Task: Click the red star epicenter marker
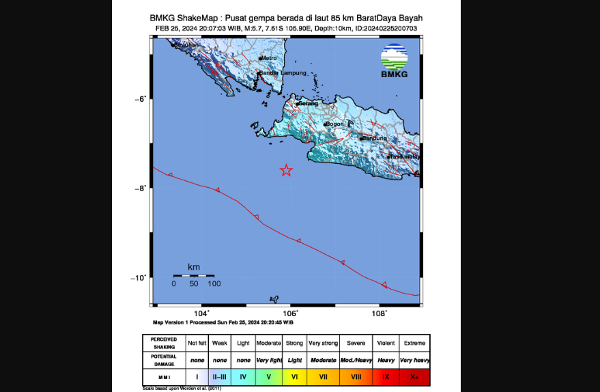coord(287,170)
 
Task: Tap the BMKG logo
coord(394,61)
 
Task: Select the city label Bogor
coord(334,124)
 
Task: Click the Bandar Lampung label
coord(283,72)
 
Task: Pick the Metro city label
coord(269,59)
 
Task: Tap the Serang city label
coord(309,104)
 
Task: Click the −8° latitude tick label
coord(141,188)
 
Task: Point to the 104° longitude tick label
coord(201,313)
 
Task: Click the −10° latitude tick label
coord(139,277)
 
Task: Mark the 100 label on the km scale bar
coord(214,283)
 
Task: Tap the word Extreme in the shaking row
coord(414,343)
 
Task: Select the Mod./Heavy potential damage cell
coord(356,360)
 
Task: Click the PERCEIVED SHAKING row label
coord(163,343)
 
